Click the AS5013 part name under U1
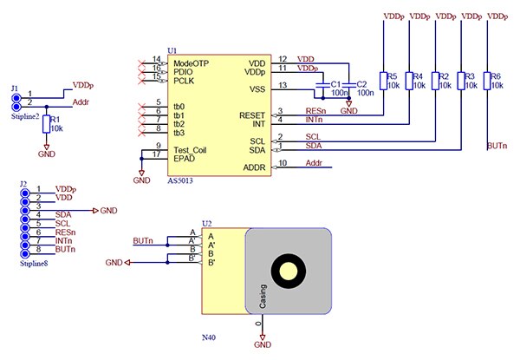(x=181, y=181)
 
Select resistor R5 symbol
(x=383, y=82)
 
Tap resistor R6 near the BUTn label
(x=488, y=82)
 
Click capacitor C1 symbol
(x=324, y=84)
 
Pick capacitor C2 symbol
(x=348, y=84)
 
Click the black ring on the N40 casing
(x=286, y=272)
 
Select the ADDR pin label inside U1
(x=254, y=167)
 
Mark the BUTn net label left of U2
(x=144, y=239)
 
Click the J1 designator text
(x=14, y=88)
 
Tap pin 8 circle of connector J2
(x=25, y=249)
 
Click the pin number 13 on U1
(x=283, y=84)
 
